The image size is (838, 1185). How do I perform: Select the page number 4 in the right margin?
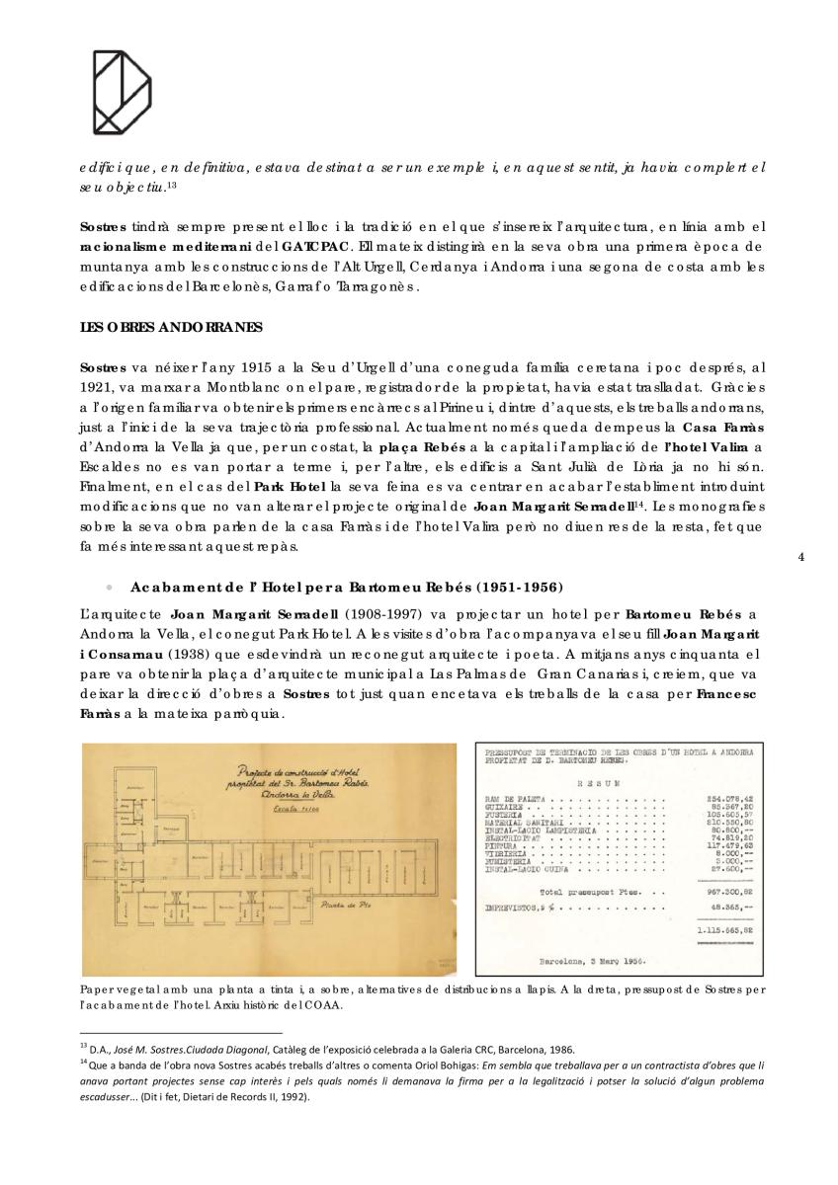pyautogui.click(x=800, y=558)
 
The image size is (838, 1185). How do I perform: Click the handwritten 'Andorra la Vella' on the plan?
pyautogui.click(x=268, y=793)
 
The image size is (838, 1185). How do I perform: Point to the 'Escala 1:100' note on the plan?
pyautogui.click(x=260, y=807)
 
